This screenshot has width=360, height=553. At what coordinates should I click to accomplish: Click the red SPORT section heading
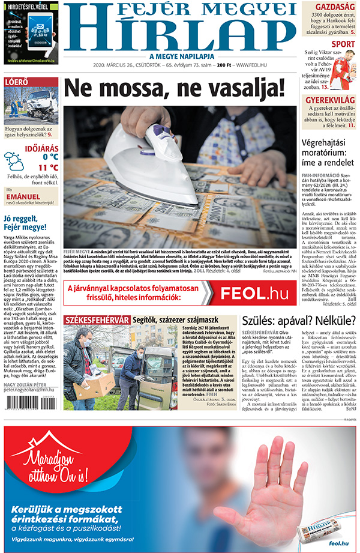(x=343, y=44)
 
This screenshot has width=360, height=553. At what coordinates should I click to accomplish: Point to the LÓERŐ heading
(x=16, y=82)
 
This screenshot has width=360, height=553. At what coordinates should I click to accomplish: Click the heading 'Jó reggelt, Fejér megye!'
(x=25, y=223)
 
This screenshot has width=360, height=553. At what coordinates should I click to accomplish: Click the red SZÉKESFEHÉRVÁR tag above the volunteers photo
(x=96, y=319)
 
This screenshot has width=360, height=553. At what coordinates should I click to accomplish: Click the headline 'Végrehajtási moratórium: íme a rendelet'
(x=329, y=154)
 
